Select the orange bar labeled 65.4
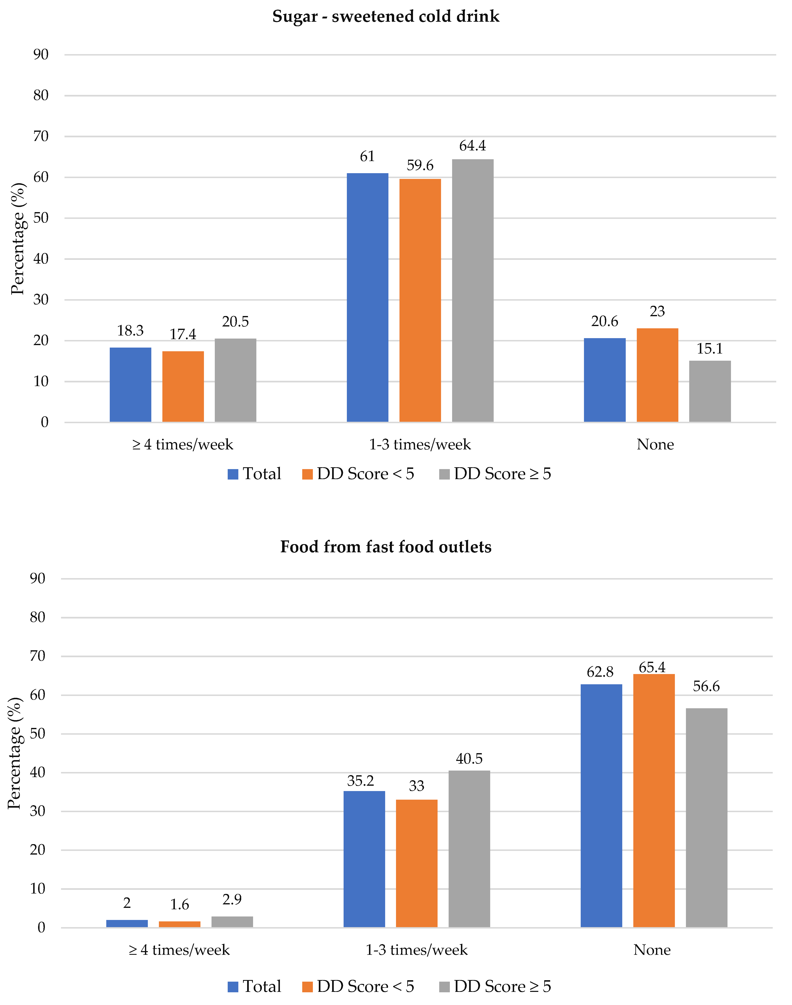pyautogui.click(x=654, y=801)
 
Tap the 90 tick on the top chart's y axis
pyautogui.click(x=41, y=55)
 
